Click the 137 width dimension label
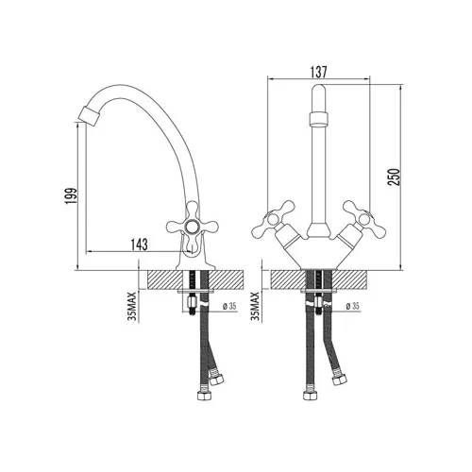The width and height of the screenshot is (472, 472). tap(319, 72)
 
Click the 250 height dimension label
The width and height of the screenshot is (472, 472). tap(395, 177)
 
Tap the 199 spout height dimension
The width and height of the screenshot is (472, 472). tap(71, 196)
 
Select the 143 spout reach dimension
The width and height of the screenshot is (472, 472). tap(139, 244)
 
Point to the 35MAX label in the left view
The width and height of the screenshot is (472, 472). tap(132, 307)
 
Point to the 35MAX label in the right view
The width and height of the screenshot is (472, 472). tap(255, 307)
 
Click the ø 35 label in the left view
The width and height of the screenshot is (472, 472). tap(229, 306)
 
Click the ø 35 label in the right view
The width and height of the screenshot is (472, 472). tap(352, 306)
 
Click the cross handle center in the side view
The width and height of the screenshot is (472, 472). tap(192, 226)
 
